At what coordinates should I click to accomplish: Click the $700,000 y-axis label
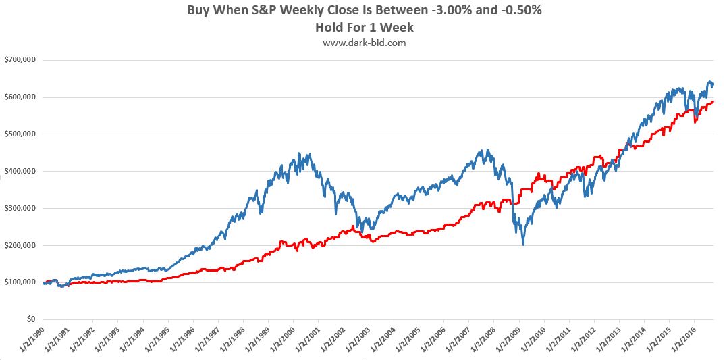[20, 60]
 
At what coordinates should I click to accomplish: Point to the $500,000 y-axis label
[20, 134]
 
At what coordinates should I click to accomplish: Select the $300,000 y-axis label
[20, 209]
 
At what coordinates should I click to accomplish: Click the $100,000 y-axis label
[20, 282]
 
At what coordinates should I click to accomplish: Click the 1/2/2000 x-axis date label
[281, 338]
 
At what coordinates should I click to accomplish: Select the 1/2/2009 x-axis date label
[506, 338]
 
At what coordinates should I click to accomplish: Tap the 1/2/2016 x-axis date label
[682, 338]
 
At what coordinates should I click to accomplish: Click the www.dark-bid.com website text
[364, 43]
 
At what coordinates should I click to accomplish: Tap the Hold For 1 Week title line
[363, 28]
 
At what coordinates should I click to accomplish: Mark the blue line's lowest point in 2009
[523, 244]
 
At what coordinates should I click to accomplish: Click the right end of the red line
[713, 102]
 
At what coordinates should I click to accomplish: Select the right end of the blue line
[714, 84]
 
